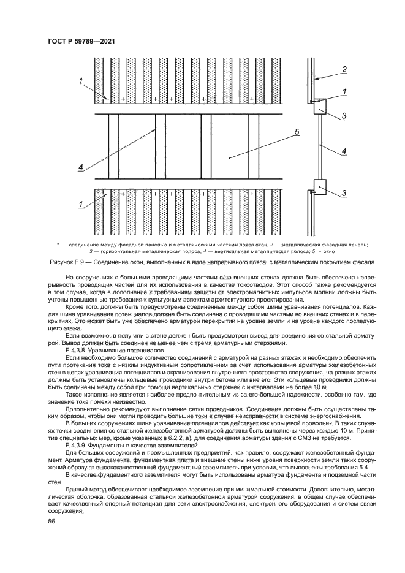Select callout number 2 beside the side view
pos(344,69)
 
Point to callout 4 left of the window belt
pos(80,166)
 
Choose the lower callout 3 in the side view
pos(344,193)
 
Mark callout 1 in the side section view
pos(344,92)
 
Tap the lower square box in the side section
pos(320,186)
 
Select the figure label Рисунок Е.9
pos(68,262)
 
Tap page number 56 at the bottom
pos(52,521)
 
